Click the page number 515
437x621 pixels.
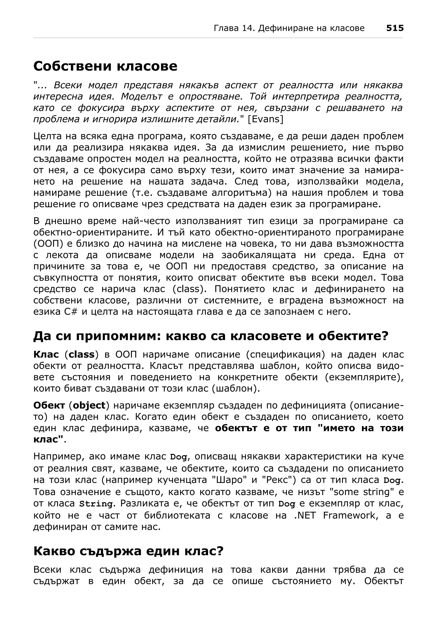[395, 28]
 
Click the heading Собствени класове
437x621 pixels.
[105, 66]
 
